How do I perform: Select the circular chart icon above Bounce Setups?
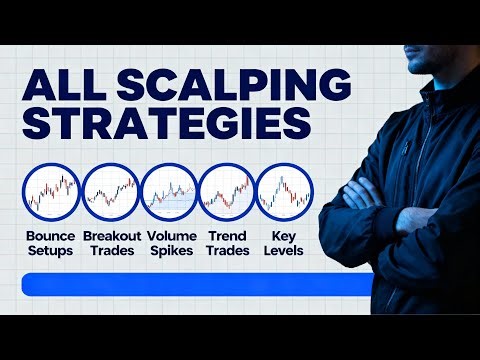pos(52,191)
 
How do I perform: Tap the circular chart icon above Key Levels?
pos(284,191)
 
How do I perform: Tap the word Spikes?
pos(170,251)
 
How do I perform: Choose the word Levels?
pos(284,251)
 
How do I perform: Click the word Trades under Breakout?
pos(111,251)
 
